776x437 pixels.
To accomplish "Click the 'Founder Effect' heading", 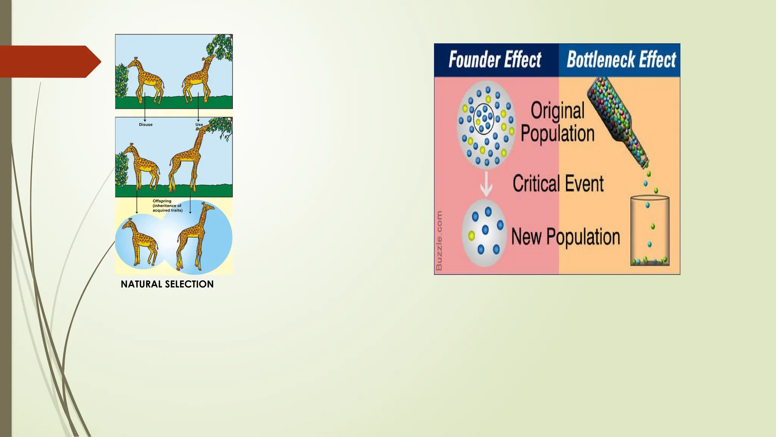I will point(495,60).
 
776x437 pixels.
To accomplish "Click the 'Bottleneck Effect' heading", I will point(621,60).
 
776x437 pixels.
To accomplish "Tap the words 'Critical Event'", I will point(558,184).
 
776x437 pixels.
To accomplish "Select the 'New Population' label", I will point(565,237).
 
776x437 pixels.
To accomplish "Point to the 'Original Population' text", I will point(557,122).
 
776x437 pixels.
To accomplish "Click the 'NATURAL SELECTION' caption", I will point(167,284).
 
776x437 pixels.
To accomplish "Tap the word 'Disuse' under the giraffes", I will point(145,124).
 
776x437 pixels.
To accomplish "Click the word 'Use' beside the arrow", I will point(199,124).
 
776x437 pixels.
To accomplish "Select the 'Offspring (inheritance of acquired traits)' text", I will point(167,206).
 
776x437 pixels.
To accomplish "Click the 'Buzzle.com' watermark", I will point(439,241).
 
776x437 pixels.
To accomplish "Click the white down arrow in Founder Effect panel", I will point(486,184).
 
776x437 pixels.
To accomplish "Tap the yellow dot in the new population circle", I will point(472,236).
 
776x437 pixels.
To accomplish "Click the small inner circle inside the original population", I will point(484,119).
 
